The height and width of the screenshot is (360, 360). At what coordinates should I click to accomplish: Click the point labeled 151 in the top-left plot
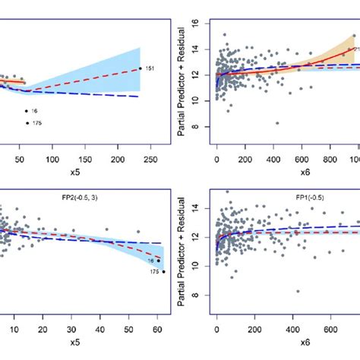(141, 69)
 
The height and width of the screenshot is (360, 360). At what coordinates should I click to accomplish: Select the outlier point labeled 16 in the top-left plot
(27, 111)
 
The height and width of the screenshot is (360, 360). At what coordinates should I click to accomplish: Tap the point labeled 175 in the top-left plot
(27, 123)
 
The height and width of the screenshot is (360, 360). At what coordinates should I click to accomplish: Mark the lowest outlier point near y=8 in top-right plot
(277, 123)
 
